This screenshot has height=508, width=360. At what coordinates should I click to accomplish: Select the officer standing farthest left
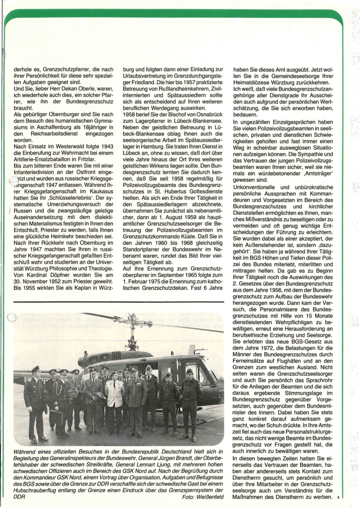(35, 402)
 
